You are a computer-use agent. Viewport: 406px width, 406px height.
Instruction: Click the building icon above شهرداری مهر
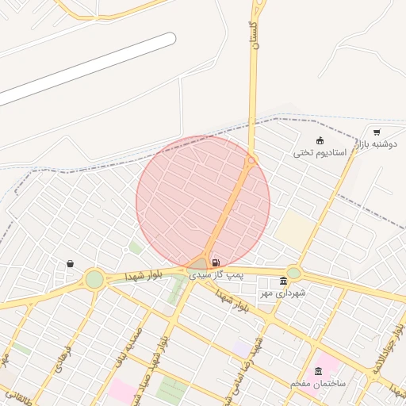point(283,281)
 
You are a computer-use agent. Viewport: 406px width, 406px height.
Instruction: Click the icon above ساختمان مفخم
point(318,371)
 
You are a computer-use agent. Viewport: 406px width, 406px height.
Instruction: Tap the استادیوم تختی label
point(320,152)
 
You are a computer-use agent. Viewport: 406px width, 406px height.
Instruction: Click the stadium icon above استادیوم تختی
point(320,140)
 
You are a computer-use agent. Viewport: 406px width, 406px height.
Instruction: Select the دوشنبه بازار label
point(376,144)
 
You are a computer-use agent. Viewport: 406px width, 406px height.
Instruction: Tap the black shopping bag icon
point(70,263)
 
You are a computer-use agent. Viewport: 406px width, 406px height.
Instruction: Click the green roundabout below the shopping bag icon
point(94,279)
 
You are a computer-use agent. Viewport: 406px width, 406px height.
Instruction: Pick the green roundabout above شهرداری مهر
point(293,273)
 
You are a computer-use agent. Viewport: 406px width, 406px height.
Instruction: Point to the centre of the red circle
point(203,202)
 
